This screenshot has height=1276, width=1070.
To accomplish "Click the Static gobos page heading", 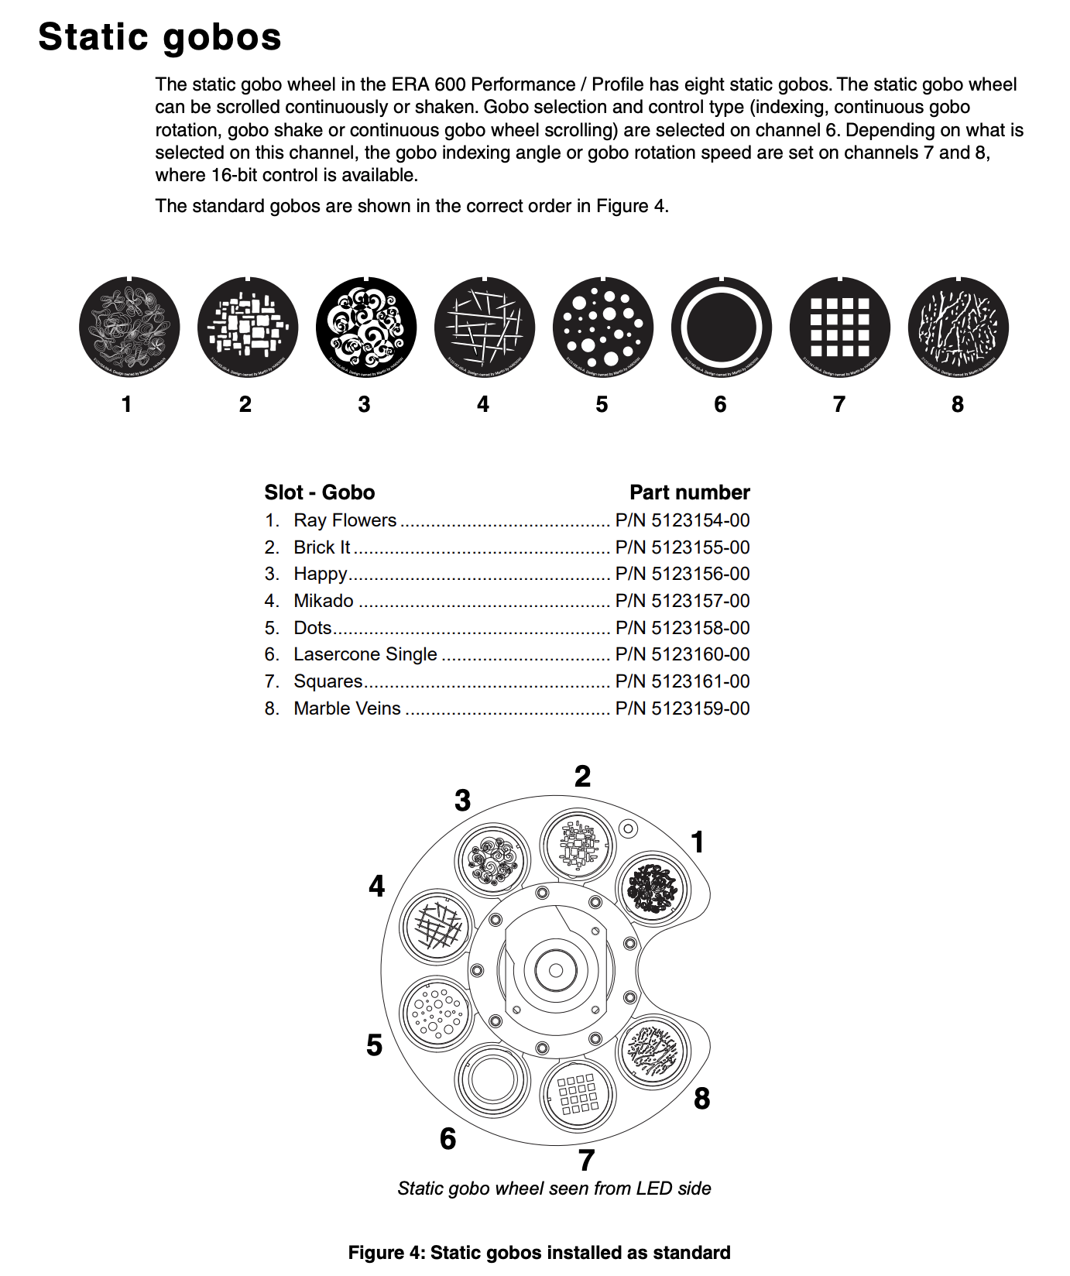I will coord(159,36).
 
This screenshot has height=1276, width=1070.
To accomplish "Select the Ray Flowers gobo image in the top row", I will coord(129,328).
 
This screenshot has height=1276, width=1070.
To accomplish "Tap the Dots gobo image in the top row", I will coord(603,328).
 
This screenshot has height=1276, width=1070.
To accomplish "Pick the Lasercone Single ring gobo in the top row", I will coord(722,328).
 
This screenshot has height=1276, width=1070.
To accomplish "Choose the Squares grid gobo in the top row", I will coord(840,328).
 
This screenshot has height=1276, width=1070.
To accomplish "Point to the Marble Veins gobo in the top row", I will coord(959,328).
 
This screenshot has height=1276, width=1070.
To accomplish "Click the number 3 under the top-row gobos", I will coord(364,404).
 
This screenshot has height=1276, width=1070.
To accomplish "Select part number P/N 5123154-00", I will coord(682,520).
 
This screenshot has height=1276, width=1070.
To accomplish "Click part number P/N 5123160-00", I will coord(682,654).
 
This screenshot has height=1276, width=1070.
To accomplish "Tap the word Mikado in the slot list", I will coord(324,601).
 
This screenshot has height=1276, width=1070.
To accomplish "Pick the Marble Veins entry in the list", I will coord(347,708).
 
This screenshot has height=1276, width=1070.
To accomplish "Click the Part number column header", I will coord(689,492).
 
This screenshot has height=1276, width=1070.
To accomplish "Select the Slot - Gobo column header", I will coord(319,492).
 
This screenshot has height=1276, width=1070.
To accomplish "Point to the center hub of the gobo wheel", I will coord(555,970).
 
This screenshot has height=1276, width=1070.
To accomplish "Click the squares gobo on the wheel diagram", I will coord(578,1095).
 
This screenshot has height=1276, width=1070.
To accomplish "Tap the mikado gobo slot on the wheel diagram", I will coord(437,926).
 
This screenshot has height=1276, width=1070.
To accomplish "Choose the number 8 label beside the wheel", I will coord(701,1098).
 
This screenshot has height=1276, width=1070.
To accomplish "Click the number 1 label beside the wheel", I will coord(698,842).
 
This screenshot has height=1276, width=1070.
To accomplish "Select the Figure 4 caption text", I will coord(539,1253).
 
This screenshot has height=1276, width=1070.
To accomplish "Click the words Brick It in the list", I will coord(321,547).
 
